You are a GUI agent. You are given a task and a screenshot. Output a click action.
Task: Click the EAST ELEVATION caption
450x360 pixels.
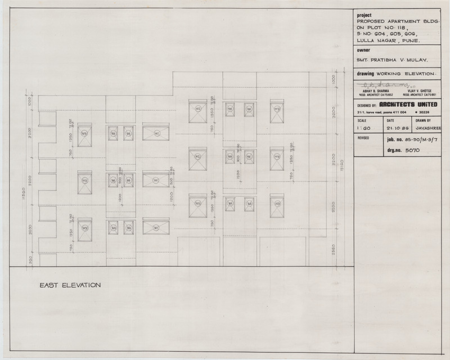[x=70, y=285]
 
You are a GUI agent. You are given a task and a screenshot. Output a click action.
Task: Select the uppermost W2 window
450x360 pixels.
[x=198, y=109]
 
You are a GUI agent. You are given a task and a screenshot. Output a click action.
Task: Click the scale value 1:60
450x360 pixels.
[x=364, y=129]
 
